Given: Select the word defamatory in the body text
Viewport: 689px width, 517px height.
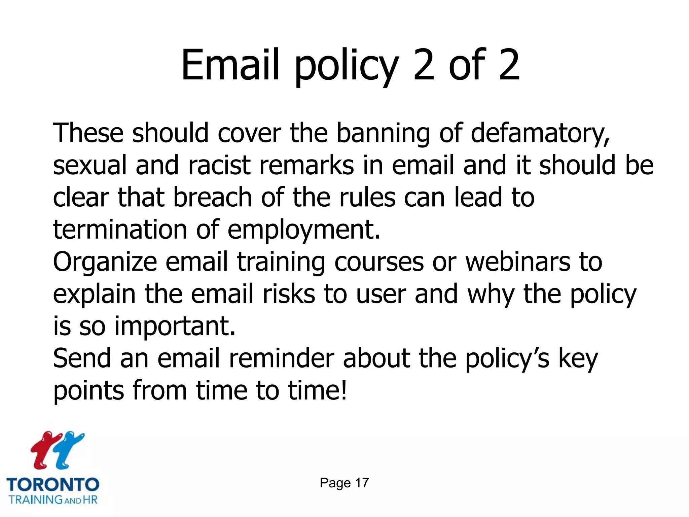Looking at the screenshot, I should (x=540, y=133).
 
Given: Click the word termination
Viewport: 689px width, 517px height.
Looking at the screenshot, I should (x=120, y=230).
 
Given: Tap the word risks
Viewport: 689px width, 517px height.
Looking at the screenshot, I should (x=289, y=294).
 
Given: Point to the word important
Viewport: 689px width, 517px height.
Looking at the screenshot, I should (x=175, y=326).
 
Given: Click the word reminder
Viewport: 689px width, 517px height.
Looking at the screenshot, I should (x=281, y=358).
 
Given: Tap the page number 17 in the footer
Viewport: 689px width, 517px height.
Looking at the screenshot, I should (x=362, y=483).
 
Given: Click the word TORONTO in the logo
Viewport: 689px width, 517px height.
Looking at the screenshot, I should (x=53, y=485).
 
